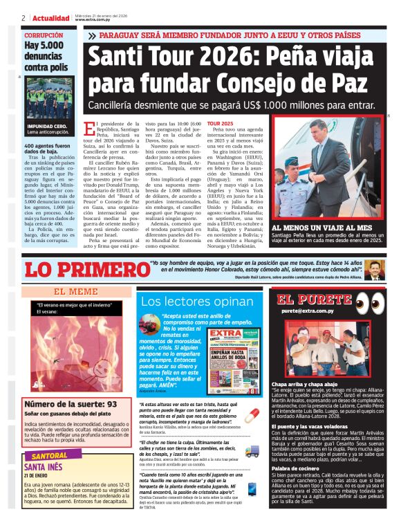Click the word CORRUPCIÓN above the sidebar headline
44,35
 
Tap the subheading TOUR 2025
220,122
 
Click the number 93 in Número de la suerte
110,404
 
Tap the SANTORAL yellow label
46,456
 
